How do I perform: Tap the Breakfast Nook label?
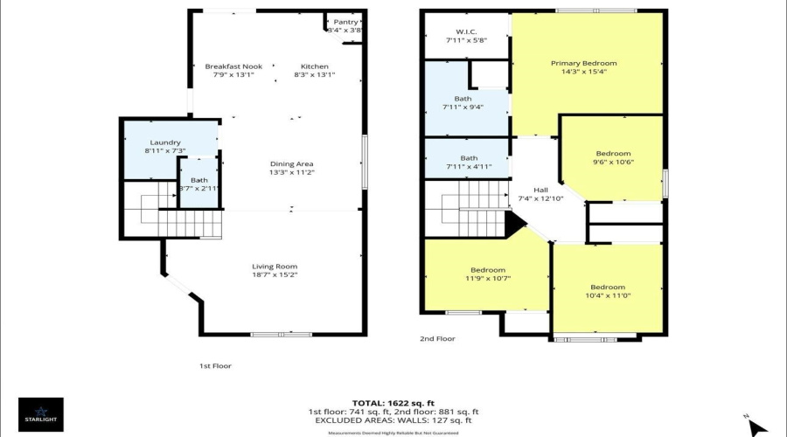233,66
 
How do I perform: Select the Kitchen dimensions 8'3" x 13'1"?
315,75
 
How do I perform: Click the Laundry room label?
164,142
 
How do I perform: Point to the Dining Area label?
292,163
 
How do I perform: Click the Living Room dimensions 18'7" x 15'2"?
275,275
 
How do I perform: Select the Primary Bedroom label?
583,63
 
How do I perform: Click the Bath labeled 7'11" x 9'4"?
463,99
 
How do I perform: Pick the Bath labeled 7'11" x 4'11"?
463,157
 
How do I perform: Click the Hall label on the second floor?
540,190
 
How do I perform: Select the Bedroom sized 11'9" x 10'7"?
487,270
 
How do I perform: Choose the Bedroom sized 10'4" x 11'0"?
607,288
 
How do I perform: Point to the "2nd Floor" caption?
438,338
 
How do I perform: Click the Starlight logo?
40,413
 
